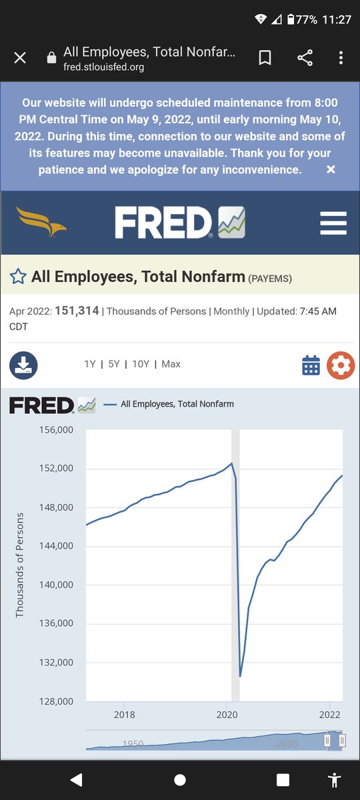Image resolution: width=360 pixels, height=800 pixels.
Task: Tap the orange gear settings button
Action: coord(341,365)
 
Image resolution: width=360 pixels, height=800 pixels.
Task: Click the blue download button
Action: coord(23,365)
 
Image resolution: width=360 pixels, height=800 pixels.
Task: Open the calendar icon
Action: coord(311,365)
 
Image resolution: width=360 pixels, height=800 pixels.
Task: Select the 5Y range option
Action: coord(114,364)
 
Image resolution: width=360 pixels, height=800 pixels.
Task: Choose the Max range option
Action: coord(171,364)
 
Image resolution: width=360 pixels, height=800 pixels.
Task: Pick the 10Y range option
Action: coord(141,364)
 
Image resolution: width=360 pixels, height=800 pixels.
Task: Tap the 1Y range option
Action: coord(90,364)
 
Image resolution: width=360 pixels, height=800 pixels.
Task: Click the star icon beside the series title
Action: coord(18,277)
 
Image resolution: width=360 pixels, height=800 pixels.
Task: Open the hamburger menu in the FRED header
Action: coord(333,223)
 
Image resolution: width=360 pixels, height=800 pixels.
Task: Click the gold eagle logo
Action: coord(41,221)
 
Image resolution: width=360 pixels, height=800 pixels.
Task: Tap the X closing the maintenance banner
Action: coord(331,169)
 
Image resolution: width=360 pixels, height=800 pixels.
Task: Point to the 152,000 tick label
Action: coord(56,468)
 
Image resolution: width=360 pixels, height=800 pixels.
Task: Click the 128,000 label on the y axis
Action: coord(56,701)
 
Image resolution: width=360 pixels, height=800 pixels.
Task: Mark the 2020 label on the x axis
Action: coord(227,715)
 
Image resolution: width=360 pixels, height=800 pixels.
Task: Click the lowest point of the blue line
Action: coord(240,676)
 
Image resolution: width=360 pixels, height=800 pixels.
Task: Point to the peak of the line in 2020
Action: coord(232,463)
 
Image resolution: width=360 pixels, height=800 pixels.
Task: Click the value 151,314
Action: coord(77,311)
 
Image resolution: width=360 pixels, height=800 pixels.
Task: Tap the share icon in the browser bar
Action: coord(305,57)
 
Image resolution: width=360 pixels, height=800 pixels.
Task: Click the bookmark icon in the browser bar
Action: coord(265,57)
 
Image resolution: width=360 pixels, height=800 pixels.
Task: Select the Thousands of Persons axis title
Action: coord(19,565)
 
